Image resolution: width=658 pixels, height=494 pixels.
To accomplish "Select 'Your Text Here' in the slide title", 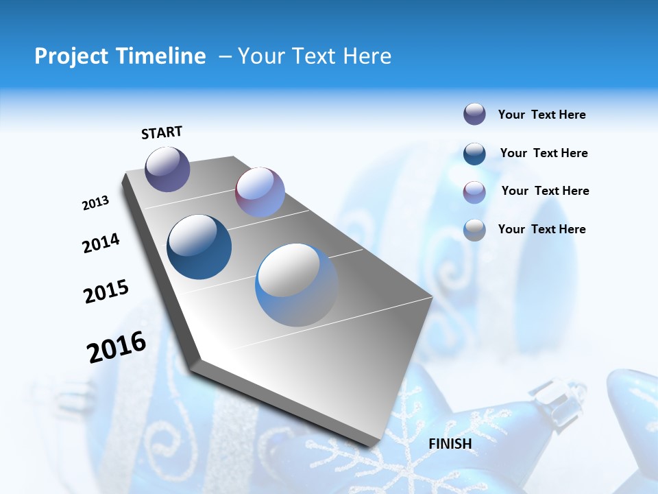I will click(x=315, y=56).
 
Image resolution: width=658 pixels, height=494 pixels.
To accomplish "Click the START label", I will click(x=162, y=132).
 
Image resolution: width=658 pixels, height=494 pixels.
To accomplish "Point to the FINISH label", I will click(x=450, y=444).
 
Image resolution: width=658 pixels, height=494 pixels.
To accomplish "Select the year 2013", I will click(x=95, y=203).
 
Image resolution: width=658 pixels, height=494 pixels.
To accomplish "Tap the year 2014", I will click(x=101, y=243).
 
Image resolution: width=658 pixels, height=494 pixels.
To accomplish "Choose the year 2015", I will click(x=106, y=292).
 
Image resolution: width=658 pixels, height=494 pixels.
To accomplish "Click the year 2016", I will click(x=117, y=347).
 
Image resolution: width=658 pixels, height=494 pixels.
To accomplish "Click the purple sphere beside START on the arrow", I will click(x=167, y=169).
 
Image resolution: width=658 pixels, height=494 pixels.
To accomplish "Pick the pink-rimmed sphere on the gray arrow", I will click(x=260, y=192).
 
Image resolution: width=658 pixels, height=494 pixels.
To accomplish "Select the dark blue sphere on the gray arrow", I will click(x=199, y=247).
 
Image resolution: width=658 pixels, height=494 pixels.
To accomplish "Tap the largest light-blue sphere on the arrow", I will click(x=297, y=285).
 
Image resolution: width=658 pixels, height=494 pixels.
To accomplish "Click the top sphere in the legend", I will click(x=474, y=115).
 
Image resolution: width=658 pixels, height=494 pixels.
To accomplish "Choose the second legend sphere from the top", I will click(x=474, y=153).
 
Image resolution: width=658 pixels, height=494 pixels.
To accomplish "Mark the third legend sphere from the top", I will click(x=474, y=191).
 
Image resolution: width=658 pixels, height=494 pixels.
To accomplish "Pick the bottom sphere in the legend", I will click(x=474, y=229).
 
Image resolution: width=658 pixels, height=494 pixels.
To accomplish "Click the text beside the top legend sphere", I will click(x=541, y=115).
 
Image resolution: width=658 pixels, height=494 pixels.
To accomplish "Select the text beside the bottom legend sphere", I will click(x=541, y=229).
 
